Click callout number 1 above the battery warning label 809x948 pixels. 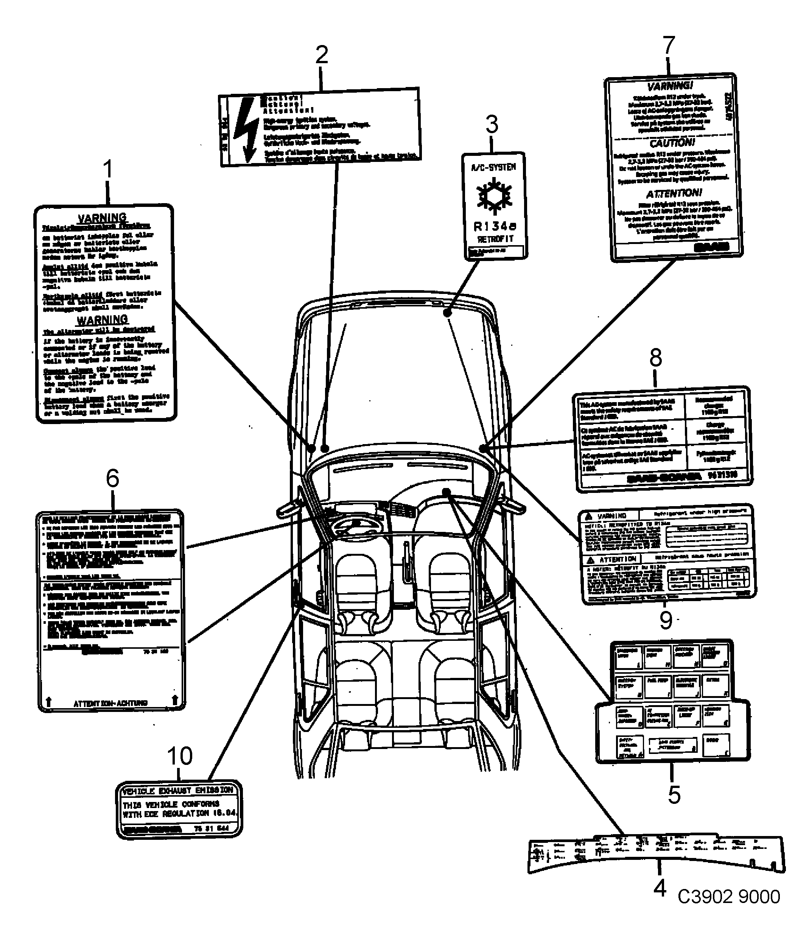[x=107, y=169]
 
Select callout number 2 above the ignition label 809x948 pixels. [x=322, y=55]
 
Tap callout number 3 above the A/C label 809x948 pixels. [x=492, y=124]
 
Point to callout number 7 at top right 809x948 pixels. [x=669, y=46]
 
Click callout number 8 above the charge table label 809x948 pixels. [x=656, y=357]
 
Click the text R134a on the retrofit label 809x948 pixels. [x=495, y=226]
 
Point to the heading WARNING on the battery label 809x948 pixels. [x=102, y=319]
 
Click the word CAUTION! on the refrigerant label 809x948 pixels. [x=672, y=143]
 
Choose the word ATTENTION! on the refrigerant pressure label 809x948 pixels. [x=674, y=193]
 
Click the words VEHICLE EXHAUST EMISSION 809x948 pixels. [x=177, y=791]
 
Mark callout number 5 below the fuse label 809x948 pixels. [x=674, y=795]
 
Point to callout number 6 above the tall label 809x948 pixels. [x=112, y=479]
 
